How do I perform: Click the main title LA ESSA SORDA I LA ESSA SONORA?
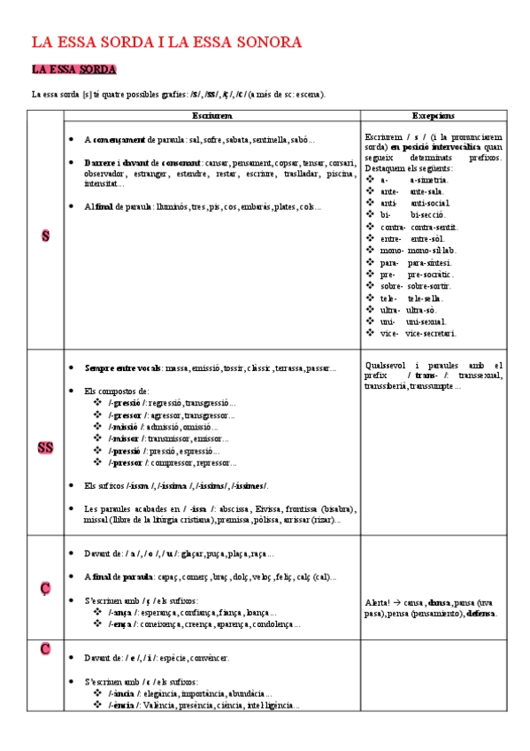(x=167, y=42)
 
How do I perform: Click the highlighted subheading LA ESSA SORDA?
(x=73, y=69)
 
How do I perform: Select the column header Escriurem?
(x=212, y=116)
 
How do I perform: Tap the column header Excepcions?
(x=434, y=116)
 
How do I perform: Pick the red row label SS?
(x=45, y=447)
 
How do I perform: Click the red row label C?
(x=45, y=650)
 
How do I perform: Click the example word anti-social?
(x=430, y=203)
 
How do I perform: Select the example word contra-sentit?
(x=434, y=227)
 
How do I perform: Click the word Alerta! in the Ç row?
(x=379, y=602)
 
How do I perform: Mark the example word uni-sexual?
(x=426, y=321)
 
